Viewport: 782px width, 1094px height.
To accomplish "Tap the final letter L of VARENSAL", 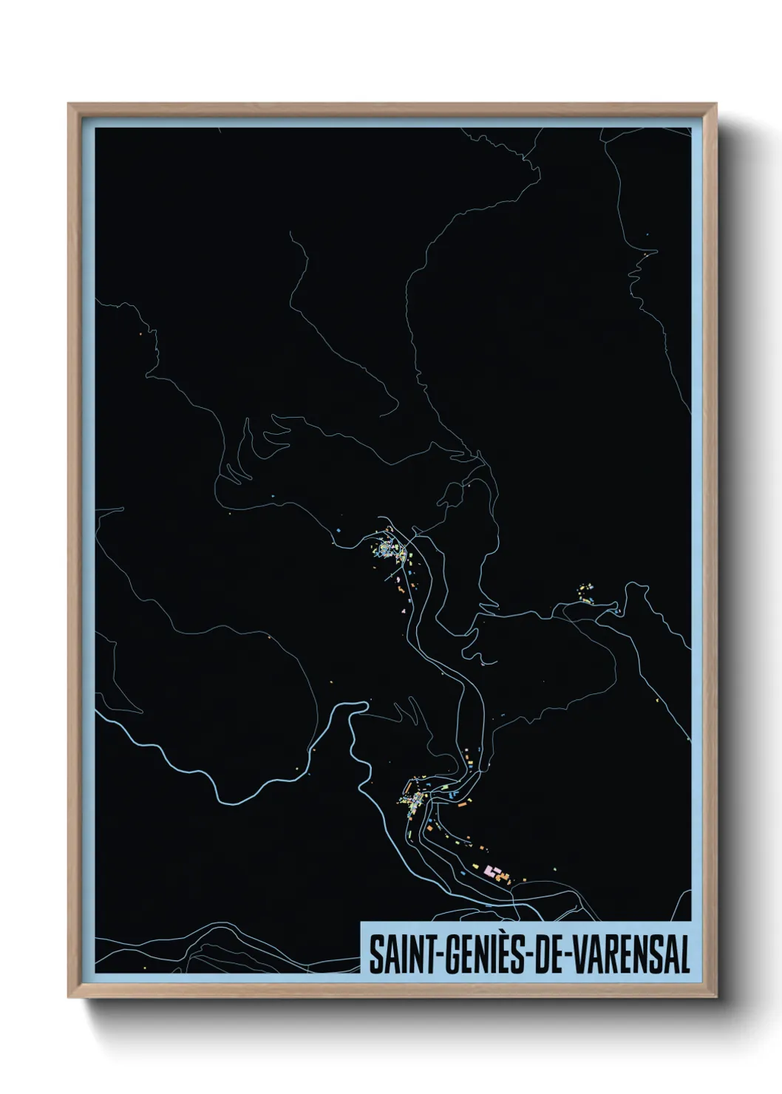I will (684, 955).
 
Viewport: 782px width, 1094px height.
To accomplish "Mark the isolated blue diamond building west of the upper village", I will (338, 531).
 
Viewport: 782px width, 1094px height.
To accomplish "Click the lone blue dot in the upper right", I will (647, 234).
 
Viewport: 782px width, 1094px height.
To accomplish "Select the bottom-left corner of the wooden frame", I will (69, 997).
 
